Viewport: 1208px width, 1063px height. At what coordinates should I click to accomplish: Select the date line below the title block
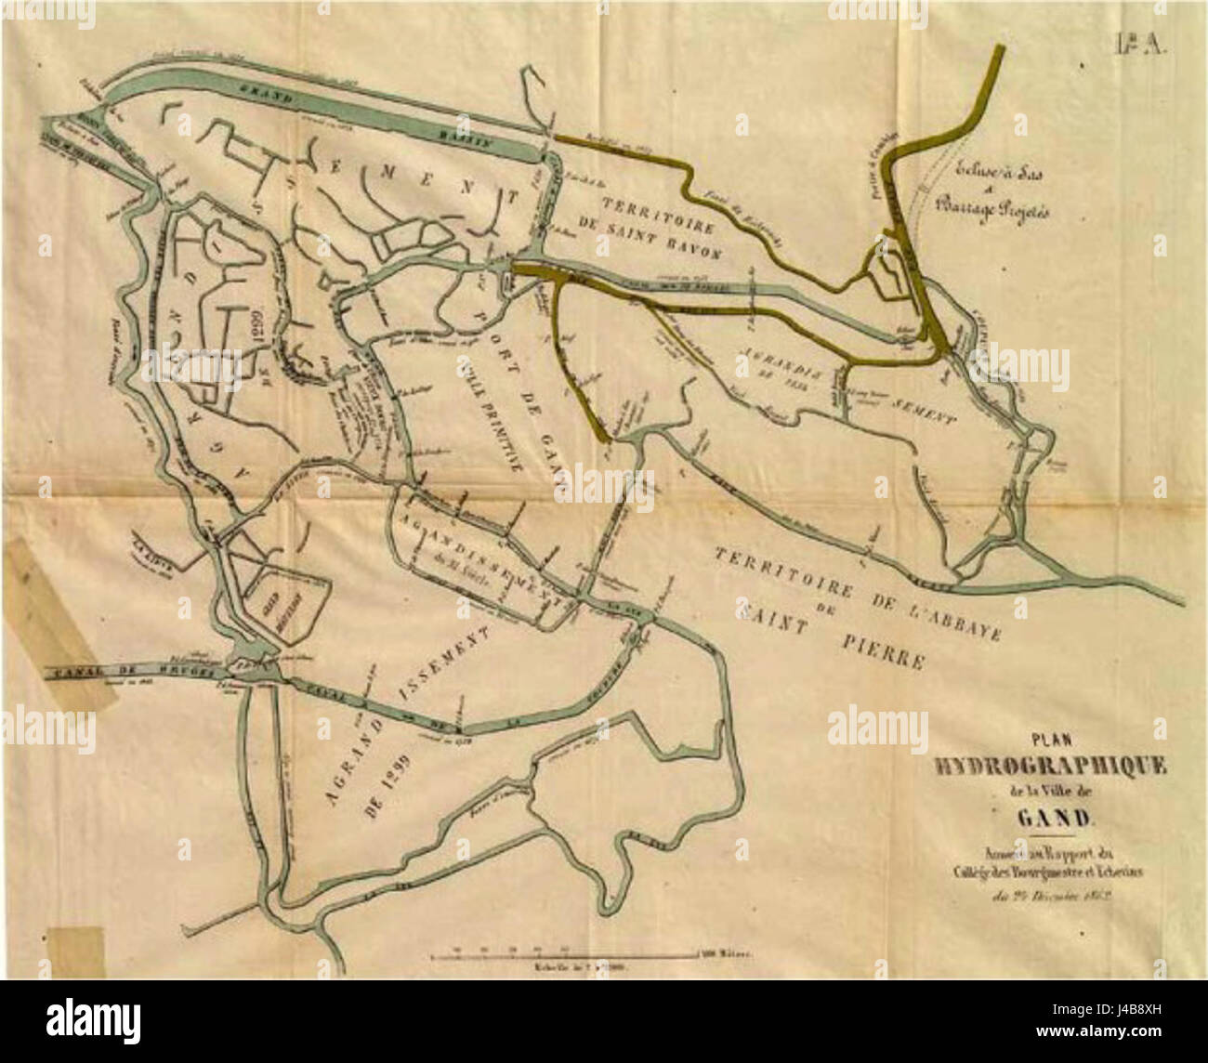click(x=1053, y=897)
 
